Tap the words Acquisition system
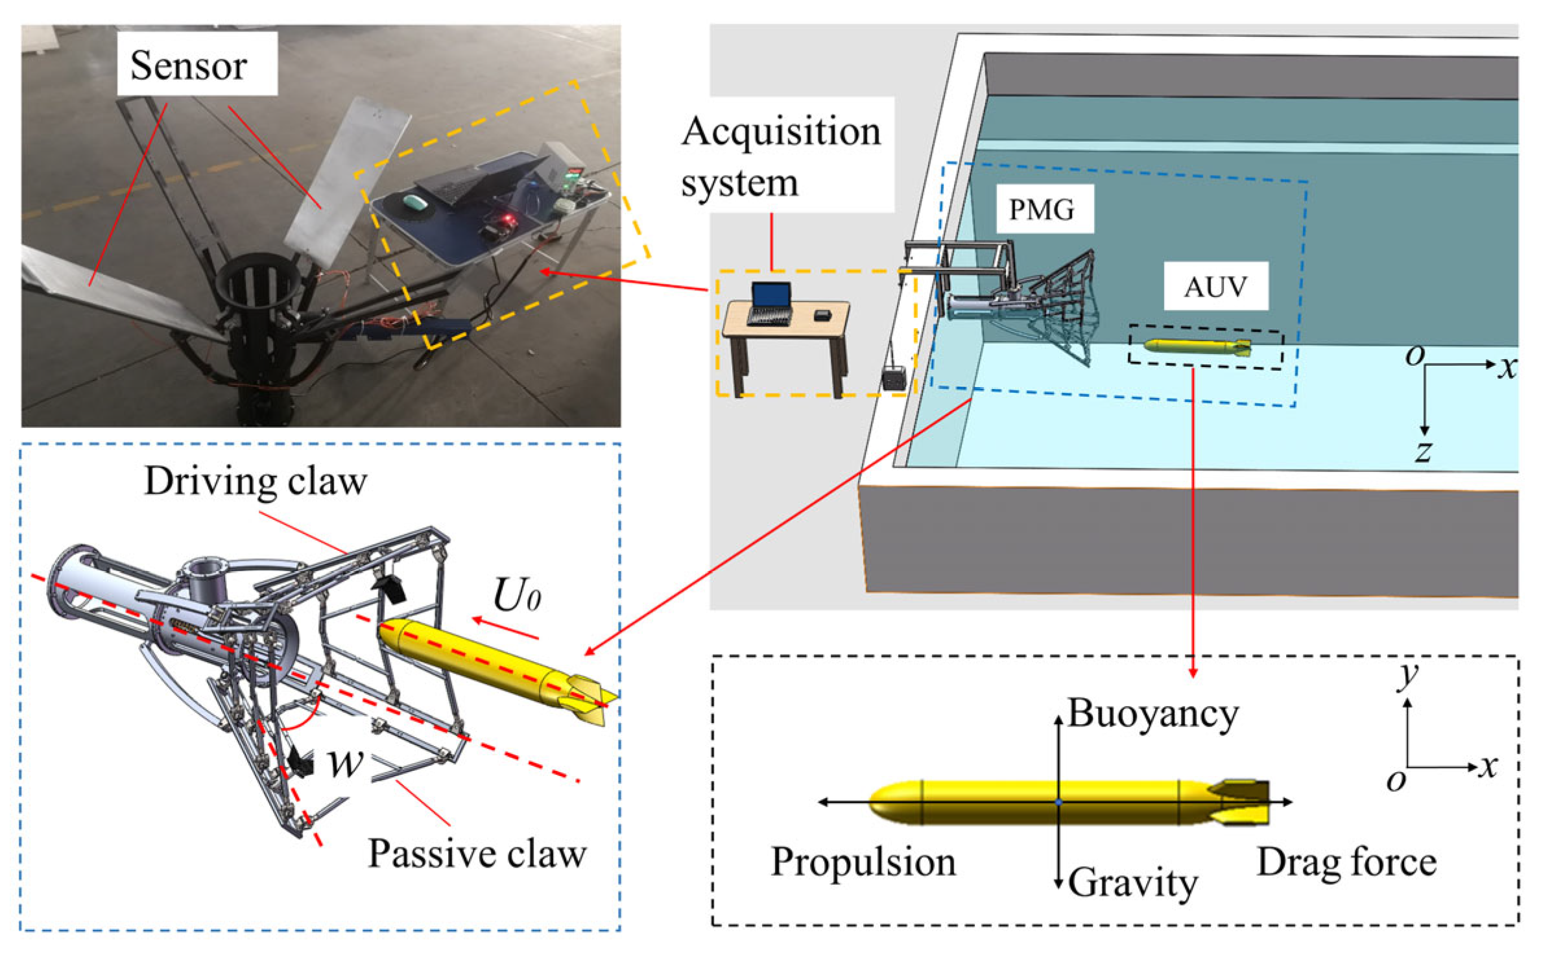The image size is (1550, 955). click(x=781, y=156)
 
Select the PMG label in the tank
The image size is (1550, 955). click(x=1042, y=209)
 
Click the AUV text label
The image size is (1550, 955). click(x=1215, y=287)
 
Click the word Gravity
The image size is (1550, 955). click(x=1132, y=882)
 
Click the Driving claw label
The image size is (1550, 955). click(x=256, y=482)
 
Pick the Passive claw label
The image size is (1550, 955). click(x=477, y=854)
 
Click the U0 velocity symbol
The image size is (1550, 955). click(x=516, y=595)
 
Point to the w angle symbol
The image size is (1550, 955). click(x=344, y=763)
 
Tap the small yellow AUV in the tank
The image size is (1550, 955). click(x=1197, y=347)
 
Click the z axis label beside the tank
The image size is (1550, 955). click(x=1424, y=451)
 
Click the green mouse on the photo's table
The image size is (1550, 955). click(x=416, y=202)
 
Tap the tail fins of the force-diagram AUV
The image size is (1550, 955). click(x=1242, y=802)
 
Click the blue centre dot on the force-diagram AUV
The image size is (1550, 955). click(x=1058, y=802)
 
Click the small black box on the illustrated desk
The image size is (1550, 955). click(x=822, y=315)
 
